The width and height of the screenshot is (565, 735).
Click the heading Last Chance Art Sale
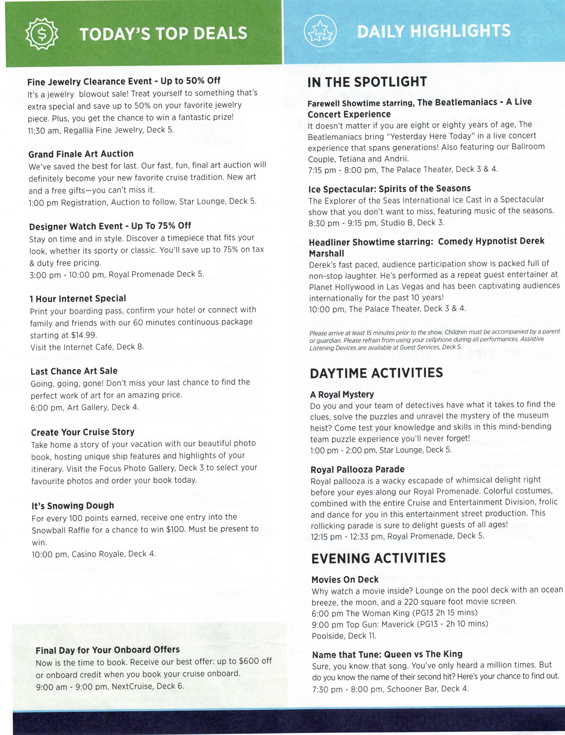tap(74, 371)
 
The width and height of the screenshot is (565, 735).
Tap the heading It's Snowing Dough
tap(73, 506)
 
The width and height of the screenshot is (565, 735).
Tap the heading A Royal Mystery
tap(342, 395)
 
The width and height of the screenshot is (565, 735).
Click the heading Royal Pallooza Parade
tap(358, 470)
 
